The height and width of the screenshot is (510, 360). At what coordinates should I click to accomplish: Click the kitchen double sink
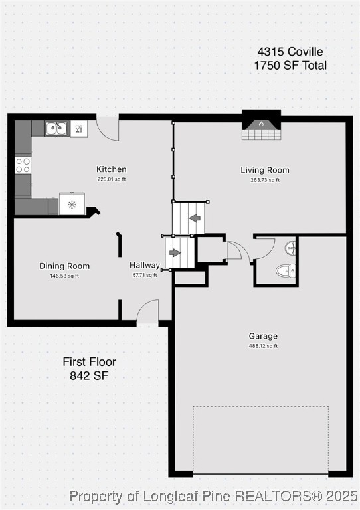coord(56,128)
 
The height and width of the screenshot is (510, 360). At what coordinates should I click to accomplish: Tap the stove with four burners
coord(23,165)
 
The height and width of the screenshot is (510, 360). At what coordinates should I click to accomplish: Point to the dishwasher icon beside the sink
coord(78,128)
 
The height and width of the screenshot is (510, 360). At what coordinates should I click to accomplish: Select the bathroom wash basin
coord(290,248)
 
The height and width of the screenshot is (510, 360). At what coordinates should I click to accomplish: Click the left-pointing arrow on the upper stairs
coord(195,218)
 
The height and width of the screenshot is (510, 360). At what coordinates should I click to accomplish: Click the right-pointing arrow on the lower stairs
coord(175,253)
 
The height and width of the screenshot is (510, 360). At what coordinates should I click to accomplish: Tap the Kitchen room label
coord(111,169)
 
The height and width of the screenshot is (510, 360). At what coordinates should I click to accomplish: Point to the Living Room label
coord(265,170)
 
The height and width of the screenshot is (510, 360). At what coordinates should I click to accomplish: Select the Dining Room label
coord(64,266)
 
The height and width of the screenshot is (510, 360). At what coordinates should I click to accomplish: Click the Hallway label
coord(143,265)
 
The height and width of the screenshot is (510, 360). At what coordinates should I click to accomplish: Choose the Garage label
coord(263,336)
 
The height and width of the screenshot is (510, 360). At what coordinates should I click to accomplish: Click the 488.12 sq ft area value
coord(263,346)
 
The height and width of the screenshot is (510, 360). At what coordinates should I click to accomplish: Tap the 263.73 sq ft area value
coord(265,180)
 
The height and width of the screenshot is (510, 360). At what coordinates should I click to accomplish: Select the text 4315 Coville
coord(290,51)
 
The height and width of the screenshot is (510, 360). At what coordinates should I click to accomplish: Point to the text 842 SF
coord(89,375)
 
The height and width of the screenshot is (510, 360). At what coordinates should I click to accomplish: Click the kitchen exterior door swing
coord(108,128)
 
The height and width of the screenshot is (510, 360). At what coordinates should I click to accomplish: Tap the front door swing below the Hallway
coord(147,311)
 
